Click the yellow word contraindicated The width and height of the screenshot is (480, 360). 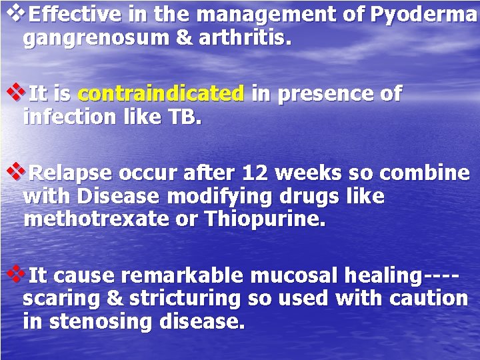(161, 95)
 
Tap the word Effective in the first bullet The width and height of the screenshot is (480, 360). (70, 13)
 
